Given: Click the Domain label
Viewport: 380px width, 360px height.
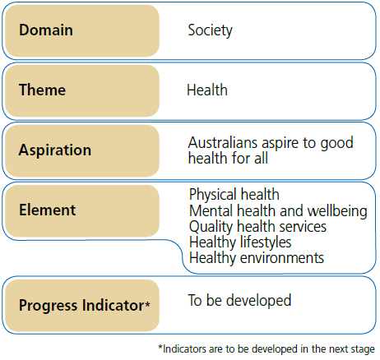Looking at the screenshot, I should tap(46, 30).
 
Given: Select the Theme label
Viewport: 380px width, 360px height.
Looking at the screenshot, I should tap(42, 90).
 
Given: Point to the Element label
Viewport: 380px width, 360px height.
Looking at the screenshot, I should tap(47, 210).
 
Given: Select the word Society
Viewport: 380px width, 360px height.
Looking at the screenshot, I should tap(210, 30).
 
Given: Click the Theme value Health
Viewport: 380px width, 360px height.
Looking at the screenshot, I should tap(206, 90).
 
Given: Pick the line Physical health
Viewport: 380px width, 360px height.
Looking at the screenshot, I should tap(234, 195).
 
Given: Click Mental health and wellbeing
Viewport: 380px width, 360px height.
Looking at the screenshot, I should tap(278, 210).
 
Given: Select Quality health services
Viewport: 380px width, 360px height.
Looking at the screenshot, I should tap(257, 226).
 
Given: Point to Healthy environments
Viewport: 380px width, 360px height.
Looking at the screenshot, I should tap(256, 258).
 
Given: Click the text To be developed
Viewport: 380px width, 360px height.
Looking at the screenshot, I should tap(239, 300).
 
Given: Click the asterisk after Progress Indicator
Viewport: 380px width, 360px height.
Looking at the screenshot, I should tap(147, 304).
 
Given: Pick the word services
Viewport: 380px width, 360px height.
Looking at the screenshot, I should tap(301, 226).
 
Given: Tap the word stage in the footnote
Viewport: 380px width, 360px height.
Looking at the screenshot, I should tap(360, 348).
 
